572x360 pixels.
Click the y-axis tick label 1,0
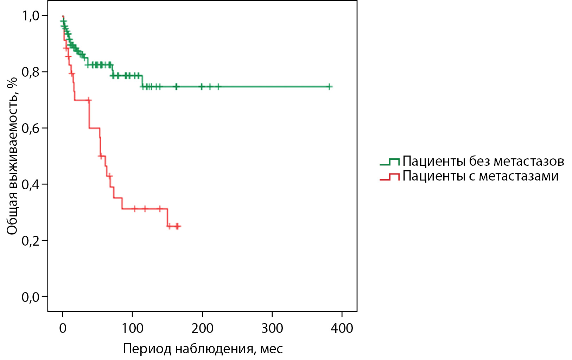tap(31, 16)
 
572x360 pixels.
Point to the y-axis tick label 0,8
tap(31, 72)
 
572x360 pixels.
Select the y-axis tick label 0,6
tap(31, 128)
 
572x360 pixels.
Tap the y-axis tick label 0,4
tap(31, 184)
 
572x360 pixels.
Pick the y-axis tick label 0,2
tap(31, 241)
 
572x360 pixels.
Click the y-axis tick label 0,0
tap(31, 297)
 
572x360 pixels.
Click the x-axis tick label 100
tap(132, 328)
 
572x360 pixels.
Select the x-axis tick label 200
tap(202, 328)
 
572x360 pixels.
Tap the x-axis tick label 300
tap(272, 328)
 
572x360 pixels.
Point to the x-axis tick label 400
tap(342, 328)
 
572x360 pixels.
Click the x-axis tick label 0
tap(63, 328)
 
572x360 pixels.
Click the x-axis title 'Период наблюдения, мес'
tap(203, 349)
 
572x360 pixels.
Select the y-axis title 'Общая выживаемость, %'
tap(12, 156)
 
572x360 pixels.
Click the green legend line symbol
tap(390, 162)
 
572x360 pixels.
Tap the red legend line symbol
tap(390, 177)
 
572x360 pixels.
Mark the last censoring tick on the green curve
tap(329, 87)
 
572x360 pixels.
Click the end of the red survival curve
tap(180, 226)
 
